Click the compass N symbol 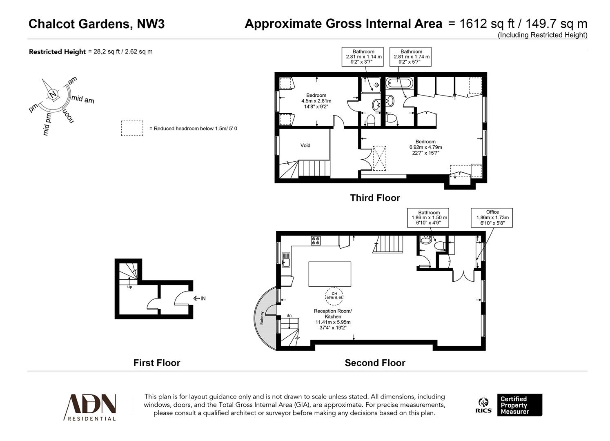(53, 95)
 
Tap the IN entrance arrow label (200, 298)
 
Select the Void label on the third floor (305, 145)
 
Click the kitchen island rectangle (329, 274)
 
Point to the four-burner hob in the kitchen (316, 241)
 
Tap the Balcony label (261, 318)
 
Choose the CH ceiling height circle (334, 295)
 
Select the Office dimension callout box (492, 218)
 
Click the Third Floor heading (375, 198)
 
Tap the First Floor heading (157, 363)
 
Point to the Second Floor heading (375, 363)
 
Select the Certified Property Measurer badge (519, 405)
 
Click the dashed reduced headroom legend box (132, 128)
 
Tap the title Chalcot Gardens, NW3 (96, 24)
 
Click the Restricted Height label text (57, 52)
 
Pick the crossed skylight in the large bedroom (380, 158)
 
